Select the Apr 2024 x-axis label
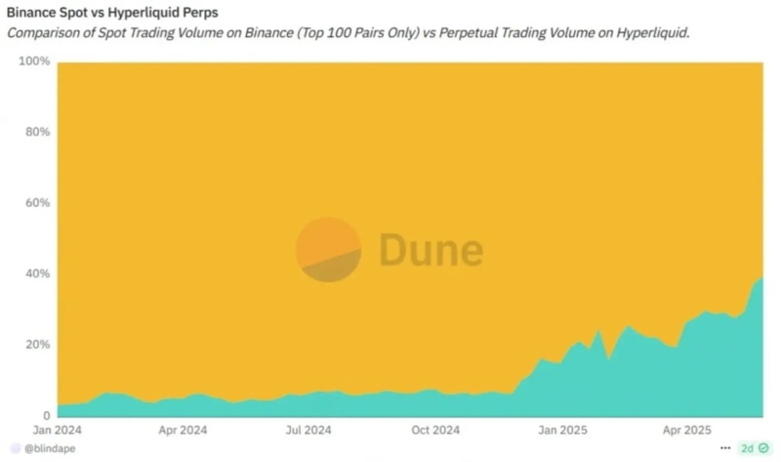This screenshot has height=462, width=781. pyautogui.click(x=183, y=429)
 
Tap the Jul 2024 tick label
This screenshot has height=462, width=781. pyautogui.click(x=308, y=429)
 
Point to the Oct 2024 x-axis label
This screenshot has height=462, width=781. pyautogui.click(x=434, y=429)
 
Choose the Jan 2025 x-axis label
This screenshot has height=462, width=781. pyautogui.click(x=562, y=429)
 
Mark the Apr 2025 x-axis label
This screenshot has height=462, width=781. pyautogui.click(x=686, y=429)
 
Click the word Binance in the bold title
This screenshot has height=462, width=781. pyautogui.click(x=32, y=14)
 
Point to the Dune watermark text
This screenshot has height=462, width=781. pyautogui.click(x=431, y=249)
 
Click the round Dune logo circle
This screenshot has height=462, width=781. pyautogui.click(x=328, y=250)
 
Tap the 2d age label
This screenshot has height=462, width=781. pyautogui.click(x=747, y=448)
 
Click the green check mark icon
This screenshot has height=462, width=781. pyautogui.click(x=764, y=448)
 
